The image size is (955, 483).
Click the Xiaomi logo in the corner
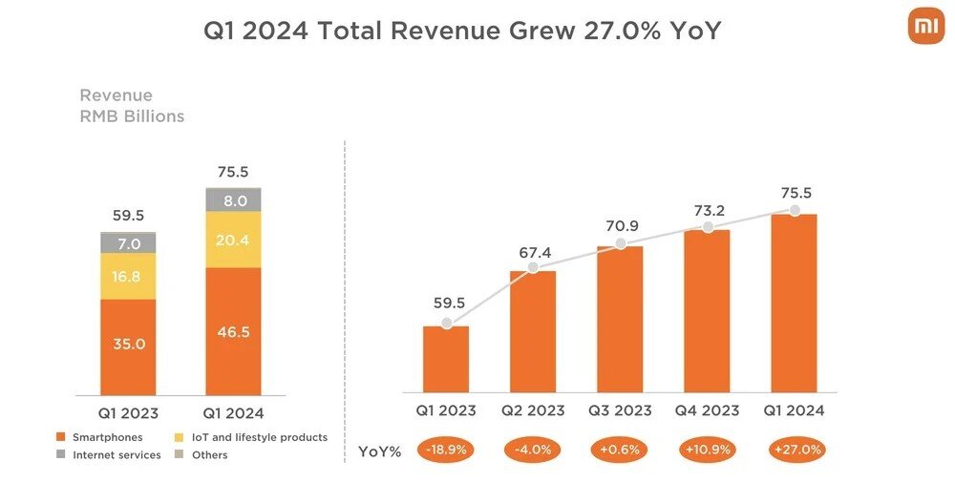924,27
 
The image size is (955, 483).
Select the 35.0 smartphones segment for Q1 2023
128,345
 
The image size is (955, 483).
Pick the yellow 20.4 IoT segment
234,241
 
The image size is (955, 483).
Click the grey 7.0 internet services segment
128,243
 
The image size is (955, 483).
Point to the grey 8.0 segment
234,200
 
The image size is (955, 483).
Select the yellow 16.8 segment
128,277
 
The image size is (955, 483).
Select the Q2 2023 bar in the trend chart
533,331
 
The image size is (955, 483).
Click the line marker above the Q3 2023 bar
620,243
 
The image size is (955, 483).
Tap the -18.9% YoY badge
446,450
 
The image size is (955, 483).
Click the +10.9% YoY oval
708,450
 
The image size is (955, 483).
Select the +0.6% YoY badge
620,450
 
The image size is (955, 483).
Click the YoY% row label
379,451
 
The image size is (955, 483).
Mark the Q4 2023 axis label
708,410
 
